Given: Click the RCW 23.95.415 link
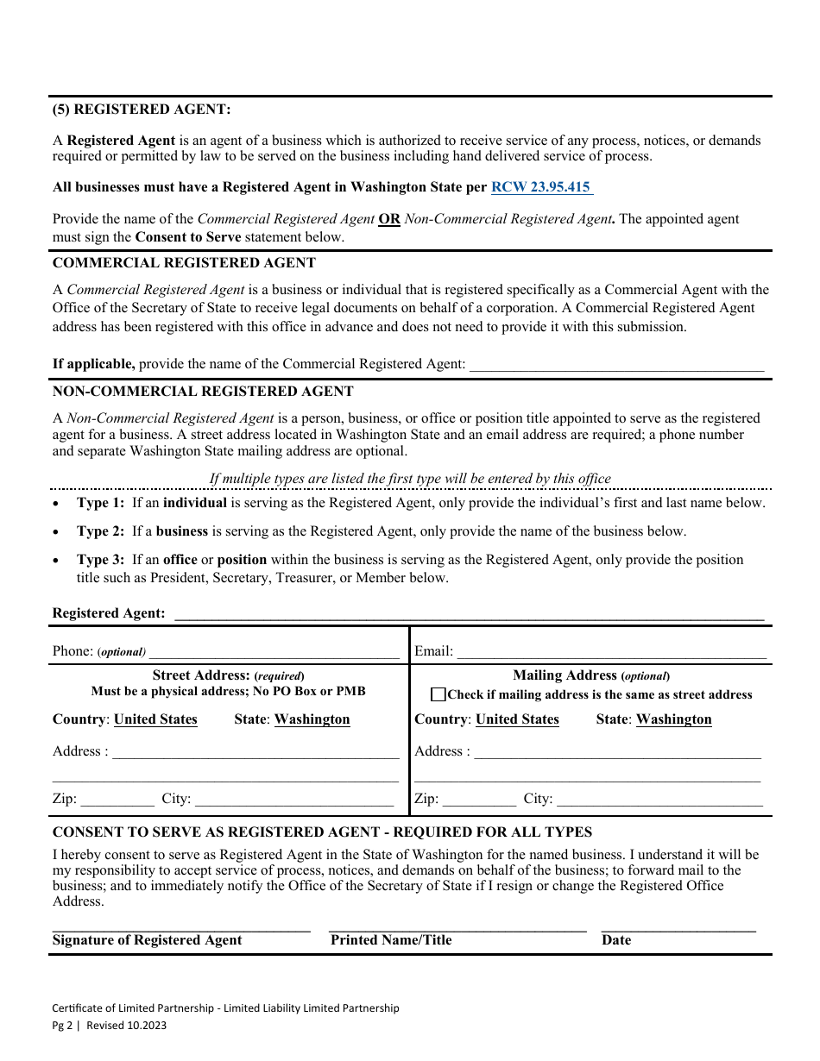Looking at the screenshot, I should [541, 187].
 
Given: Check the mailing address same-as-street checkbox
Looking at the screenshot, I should [438, 694].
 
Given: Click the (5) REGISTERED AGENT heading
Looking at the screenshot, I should [142, 110].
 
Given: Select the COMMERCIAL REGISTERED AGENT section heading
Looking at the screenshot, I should [184, 262].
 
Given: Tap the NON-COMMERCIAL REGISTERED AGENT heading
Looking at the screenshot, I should [203, 391].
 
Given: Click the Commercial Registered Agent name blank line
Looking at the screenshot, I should [616, 365].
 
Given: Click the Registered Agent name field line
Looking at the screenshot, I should [468, 613].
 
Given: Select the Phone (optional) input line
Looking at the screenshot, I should [274, 651].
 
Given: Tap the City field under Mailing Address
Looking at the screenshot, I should [659, 799].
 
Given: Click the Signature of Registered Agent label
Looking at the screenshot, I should [148, 940].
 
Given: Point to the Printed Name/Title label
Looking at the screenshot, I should [391, 940].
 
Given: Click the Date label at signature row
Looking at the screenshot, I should [616, 940].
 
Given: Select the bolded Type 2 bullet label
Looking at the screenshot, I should [100, 531].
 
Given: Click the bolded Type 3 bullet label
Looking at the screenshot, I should [100, 560].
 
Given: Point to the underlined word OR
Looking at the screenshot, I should [389, 219].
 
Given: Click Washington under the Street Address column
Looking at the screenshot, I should [312, 719].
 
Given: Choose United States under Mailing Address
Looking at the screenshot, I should [517, 719].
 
